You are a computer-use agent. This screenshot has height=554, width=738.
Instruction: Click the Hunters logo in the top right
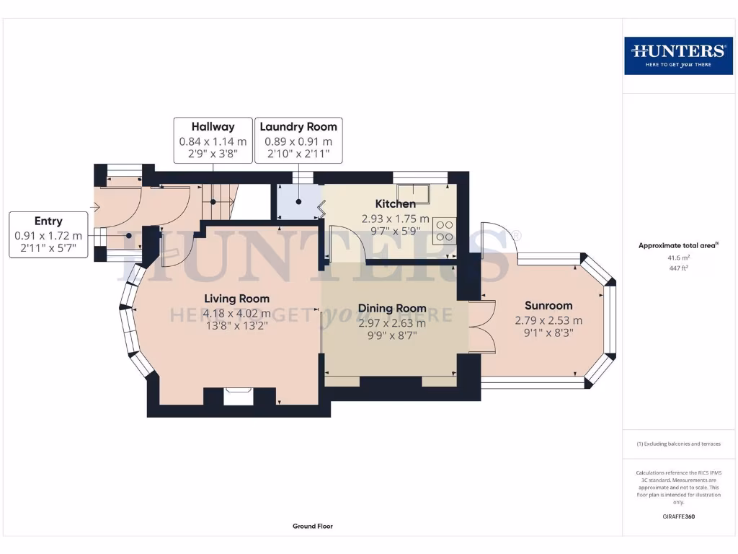click(x=677, y=56)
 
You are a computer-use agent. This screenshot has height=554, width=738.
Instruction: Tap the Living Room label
click(x=236, y=299)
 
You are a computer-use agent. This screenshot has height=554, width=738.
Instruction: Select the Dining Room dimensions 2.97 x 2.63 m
click(x=392, y=323)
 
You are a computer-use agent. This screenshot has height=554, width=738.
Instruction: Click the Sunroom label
click(x=548, y=305)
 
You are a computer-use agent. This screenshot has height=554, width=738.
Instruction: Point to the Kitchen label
click(x=395, y=204)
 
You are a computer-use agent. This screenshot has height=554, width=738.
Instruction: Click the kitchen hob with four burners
click(x=444, y=229)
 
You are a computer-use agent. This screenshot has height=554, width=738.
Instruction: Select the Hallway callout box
click(x=213, y=141)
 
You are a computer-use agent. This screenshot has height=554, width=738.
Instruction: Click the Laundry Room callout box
click(x=298, y=141)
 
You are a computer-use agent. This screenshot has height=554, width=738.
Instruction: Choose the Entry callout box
click(x=48, y=235)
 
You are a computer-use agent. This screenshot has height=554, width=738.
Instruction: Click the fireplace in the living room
click(x=239, y=396)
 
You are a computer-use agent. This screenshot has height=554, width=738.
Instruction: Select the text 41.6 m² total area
click(x=678, y=257)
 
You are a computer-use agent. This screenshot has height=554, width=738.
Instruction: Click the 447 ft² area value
click(x=678, y=268)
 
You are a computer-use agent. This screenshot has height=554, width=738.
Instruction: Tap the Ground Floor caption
click(x=313, y=527)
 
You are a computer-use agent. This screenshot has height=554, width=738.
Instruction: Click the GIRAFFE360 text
click(x=678, y=516)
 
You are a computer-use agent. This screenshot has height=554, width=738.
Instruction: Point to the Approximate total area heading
click(x=678, y=245)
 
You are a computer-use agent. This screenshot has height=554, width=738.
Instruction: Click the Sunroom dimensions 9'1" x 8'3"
click(x=548, y=333)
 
